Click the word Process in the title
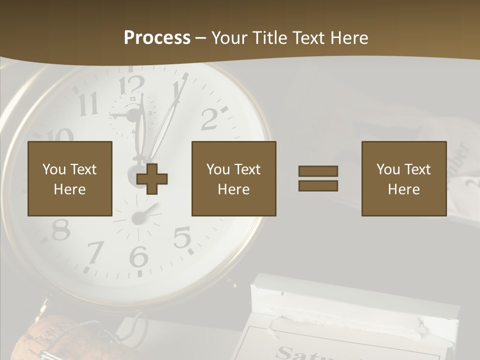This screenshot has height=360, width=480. tap(157, 38)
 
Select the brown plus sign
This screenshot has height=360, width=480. tap(152, 179)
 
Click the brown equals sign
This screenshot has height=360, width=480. tap(318, 178)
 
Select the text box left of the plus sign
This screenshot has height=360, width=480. tap(69, 178)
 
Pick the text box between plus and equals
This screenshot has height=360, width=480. tap(233, 178)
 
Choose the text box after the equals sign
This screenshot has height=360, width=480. tap(403, 178)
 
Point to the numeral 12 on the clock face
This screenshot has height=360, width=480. tap(131, 85)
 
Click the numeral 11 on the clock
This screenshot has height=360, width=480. tap(88, 104)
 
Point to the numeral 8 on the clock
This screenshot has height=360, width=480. tap(60, 229)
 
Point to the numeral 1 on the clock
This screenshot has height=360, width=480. tap(177, 90)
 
